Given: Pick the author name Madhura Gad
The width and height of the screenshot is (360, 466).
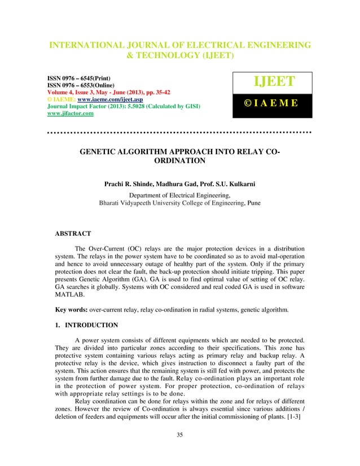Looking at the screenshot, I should click(190, 184).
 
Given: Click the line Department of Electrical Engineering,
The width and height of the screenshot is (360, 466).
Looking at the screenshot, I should click(180, 194).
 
